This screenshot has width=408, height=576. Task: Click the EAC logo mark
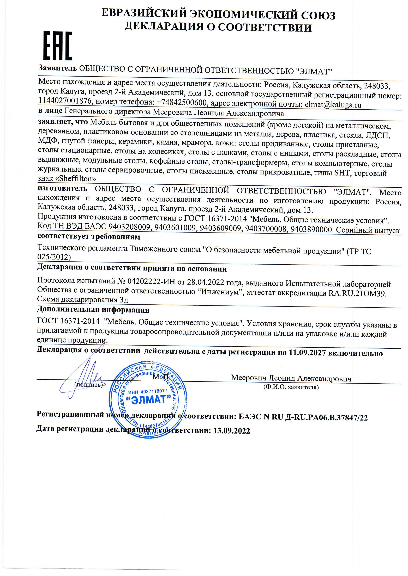[58, 46]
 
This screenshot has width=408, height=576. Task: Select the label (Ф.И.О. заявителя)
[291, 387]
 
